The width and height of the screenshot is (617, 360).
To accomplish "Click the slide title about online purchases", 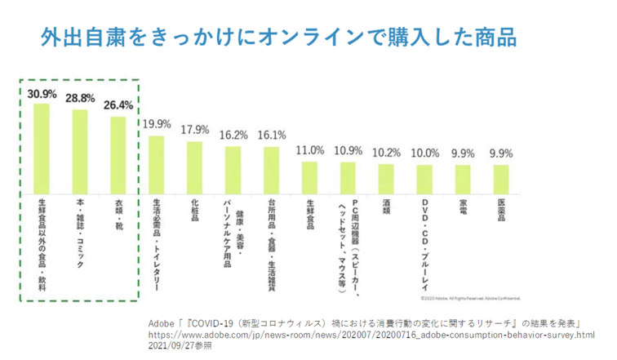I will coord(278,38).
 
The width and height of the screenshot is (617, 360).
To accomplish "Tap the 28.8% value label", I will coord(80,97).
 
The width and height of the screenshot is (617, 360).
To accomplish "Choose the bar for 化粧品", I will coord(194,166).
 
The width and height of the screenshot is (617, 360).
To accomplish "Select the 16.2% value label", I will coord(233,135).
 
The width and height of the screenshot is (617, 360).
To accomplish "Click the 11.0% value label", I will coord(310,150).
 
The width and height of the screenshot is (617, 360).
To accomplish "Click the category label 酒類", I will coord(387,209).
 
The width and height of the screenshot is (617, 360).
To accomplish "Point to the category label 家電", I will coord(463,209).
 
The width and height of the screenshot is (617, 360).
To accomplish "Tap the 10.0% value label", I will coord(424,153).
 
